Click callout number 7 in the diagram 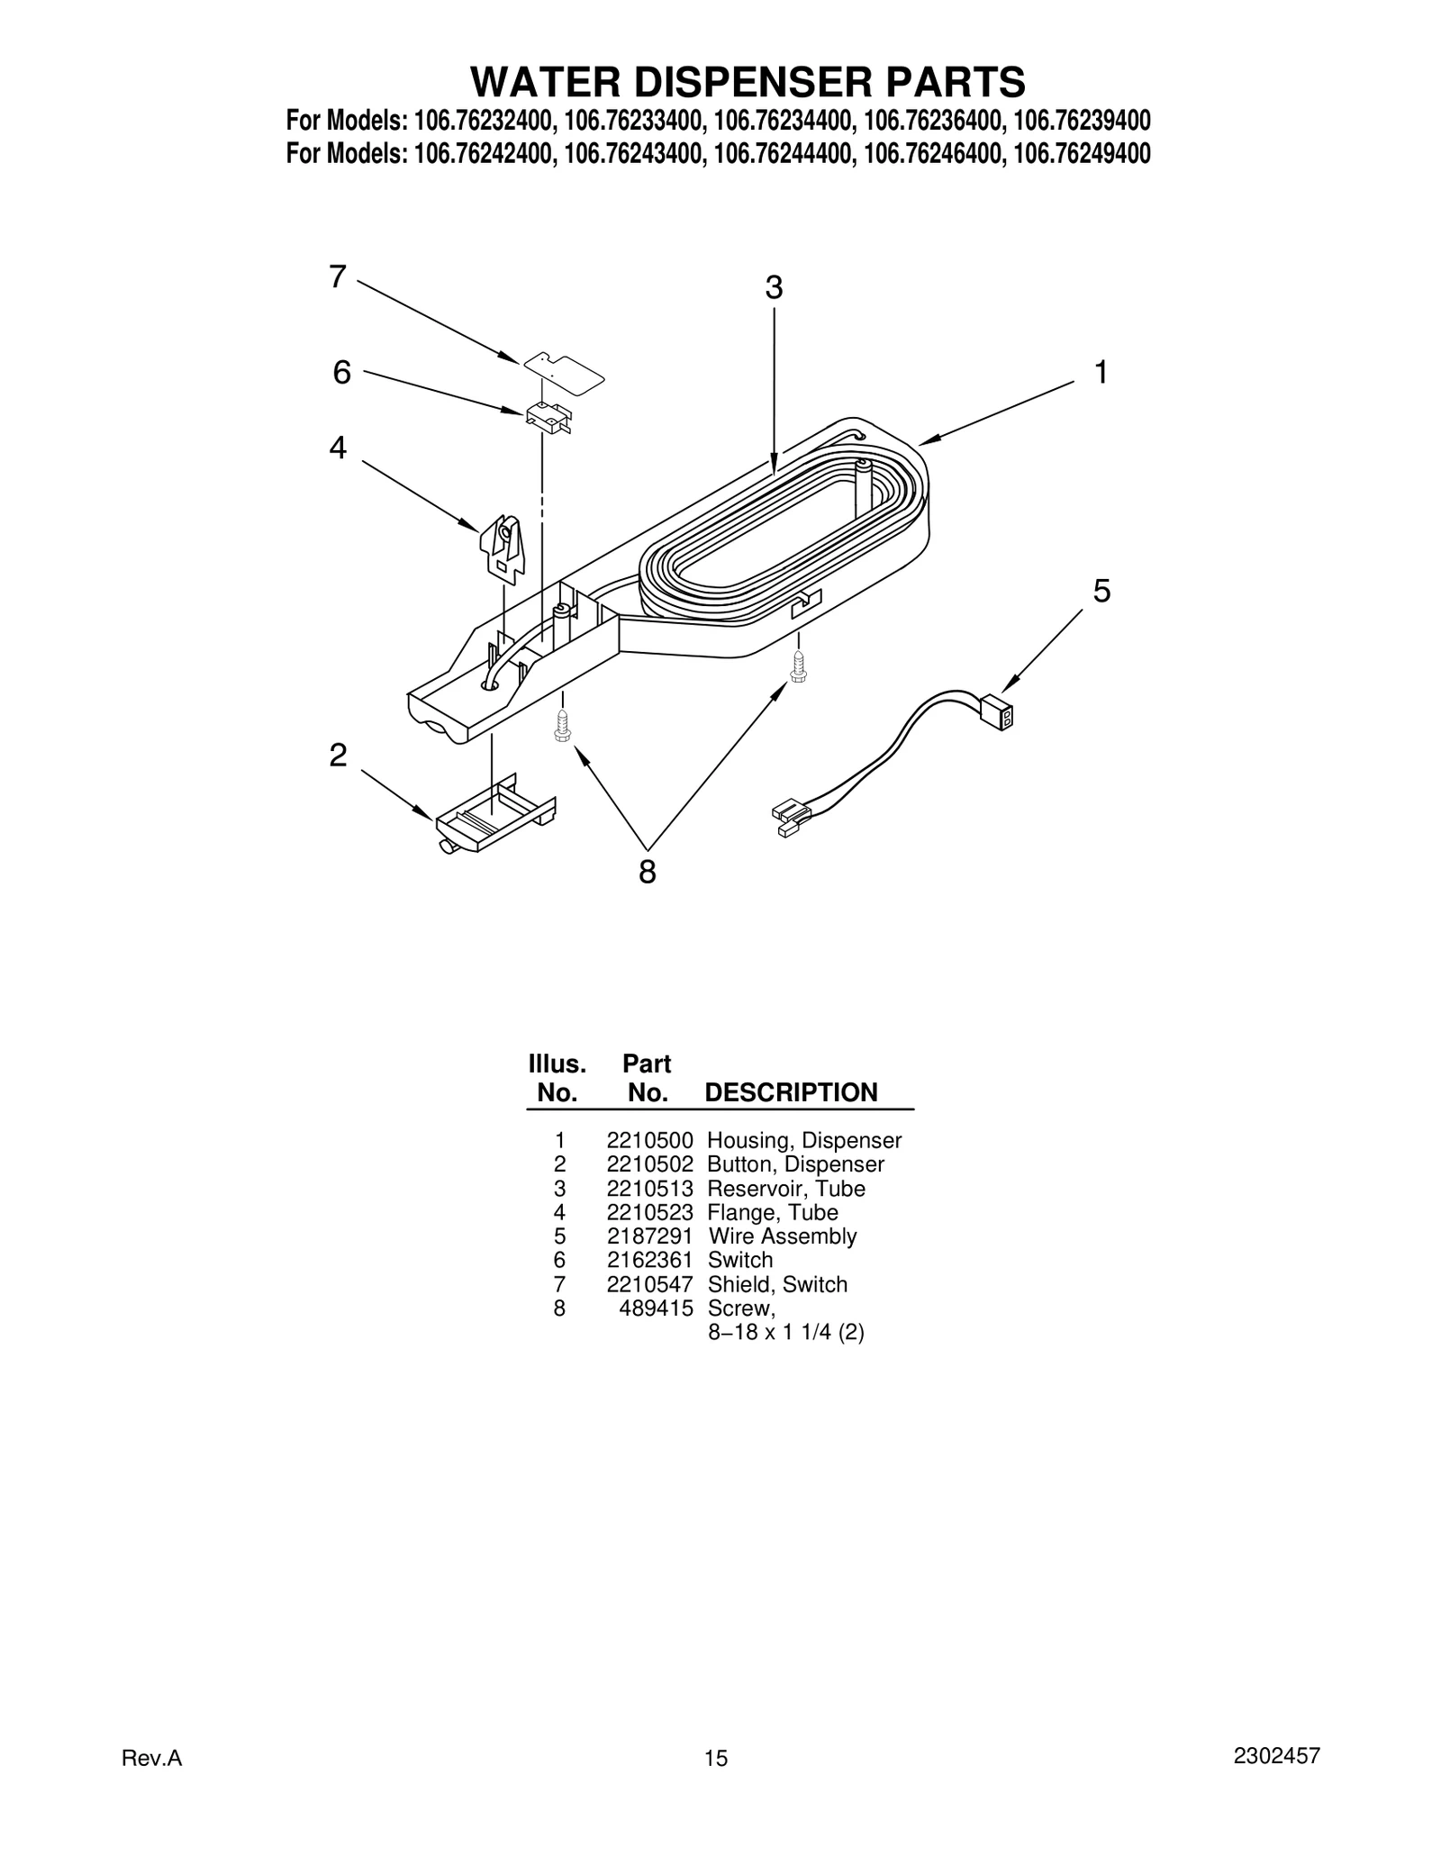click(337, 276)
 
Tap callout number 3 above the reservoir click(774, 288)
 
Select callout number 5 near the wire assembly click(1101, 592)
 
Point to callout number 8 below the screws click(647, 872)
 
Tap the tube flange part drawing click(503, 546)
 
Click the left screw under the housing click(561, 726)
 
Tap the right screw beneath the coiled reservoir click(797, 667)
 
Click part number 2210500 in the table click(649, 1141)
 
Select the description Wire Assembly click(782, 1236)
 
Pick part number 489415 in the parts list click(656, 1308)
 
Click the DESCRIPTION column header click(790, 1092)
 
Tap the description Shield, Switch click(777, 1284)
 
